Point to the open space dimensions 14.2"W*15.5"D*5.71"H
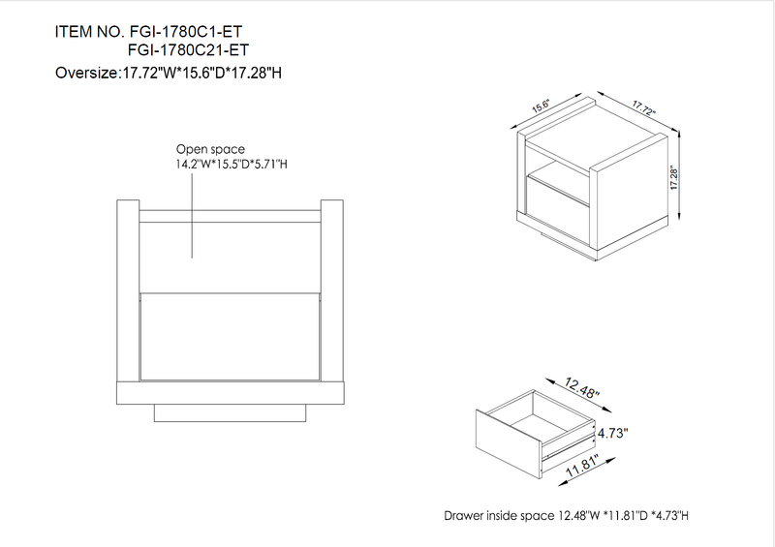232,165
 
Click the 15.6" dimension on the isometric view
553,108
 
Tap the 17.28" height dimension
674,178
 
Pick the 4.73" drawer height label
612,434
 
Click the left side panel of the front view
128,290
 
